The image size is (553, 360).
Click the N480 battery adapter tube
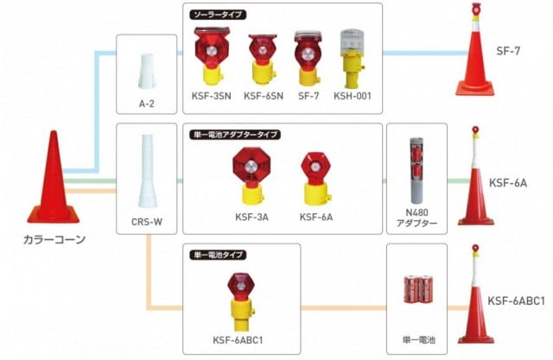click(x=416, y=173)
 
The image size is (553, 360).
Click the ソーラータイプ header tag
click(x=215, y=15)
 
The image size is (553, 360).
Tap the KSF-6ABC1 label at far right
click(x=516, y=300)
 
